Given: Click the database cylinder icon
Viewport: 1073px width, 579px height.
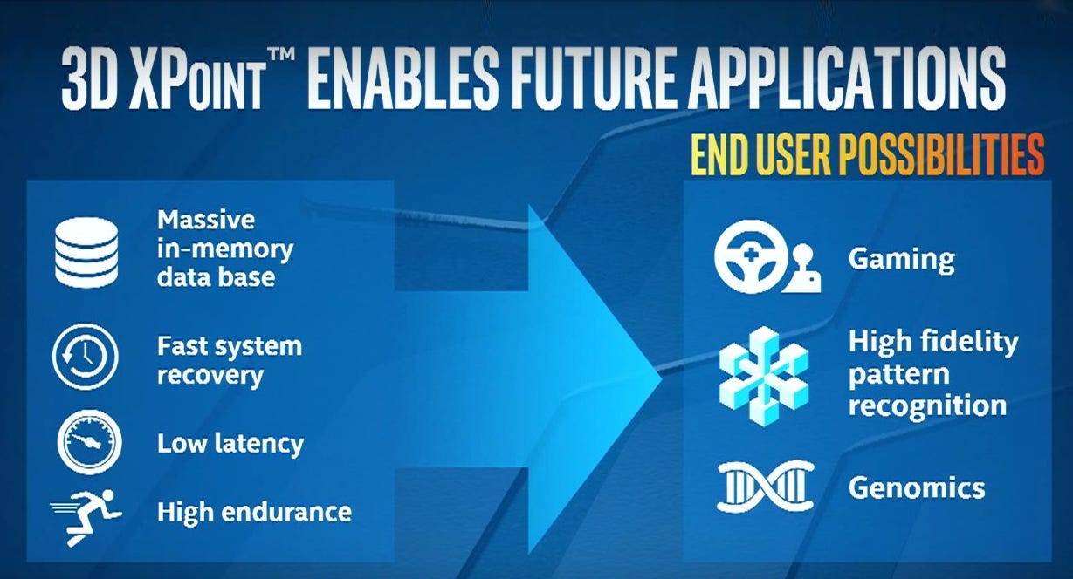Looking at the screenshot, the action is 86,252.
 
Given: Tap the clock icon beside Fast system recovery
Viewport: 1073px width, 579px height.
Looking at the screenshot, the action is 86,357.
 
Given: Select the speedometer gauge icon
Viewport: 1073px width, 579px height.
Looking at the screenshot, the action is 90,442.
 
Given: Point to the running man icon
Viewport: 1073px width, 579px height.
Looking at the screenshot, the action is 86,517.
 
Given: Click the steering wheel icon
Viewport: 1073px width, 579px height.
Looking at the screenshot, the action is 751,256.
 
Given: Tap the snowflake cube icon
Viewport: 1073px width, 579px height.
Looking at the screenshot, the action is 764,376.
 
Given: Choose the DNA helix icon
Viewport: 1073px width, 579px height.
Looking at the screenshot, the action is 766,487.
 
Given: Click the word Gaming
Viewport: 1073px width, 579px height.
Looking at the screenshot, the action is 902,260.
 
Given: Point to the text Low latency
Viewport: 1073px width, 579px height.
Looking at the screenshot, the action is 230,444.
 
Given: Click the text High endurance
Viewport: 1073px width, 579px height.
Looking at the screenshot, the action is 254,513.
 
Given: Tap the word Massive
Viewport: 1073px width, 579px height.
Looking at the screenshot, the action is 206,220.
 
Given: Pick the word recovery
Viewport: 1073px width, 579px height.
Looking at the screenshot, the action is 210,376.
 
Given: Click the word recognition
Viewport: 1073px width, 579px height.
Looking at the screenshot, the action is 927,405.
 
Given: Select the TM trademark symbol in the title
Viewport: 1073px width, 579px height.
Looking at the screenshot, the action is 281,57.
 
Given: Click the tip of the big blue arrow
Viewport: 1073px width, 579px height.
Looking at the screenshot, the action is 662,379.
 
